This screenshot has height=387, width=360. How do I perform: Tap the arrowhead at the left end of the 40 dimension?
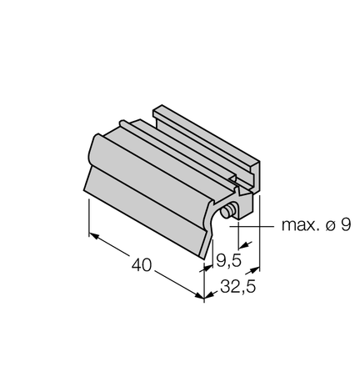point(93,239)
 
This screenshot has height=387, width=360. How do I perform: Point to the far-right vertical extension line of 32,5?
point(259,242)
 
